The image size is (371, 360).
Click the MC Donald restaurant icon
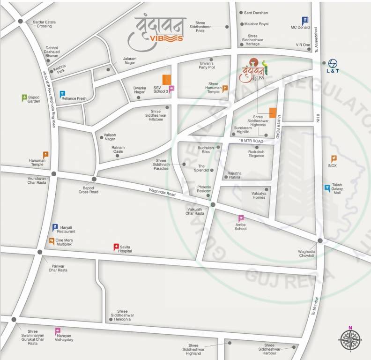305,20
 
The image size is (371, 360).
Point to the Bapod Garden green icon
25,97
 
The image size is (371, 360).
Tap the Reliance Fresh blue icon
62,94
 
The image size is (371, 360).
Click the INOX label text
333,166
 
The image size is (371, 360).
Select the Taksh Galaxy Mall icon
327,188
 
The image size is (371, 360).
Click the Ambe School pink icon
241,218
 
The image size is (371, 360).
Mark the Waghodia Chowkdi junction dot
320,240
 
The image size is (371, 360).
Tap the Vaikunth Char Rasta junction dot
213,205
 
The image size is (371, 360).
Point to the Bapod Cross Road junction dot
94,179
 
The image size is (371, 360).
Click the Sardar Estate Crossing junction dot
21,21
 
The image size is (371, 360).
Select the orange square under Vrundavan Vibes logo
167,80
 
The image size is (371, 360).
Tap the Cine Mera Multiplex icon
52,241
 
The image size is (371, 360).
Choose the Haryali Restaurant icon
55,227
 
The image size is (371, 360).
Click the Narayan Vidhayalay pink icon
58,331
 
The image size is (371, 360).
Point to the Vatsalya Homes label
259,195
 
